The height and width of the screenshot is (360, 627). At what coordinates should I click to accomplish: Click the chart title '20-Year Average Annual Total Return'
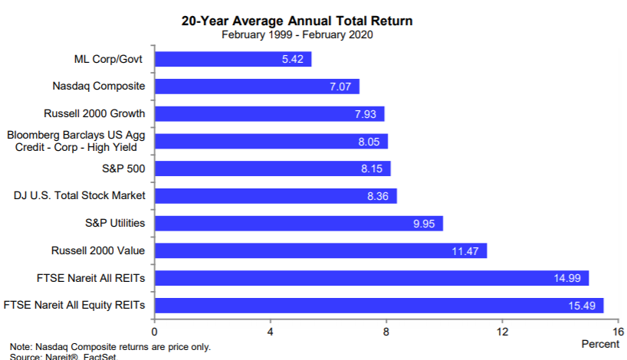click(x=297, y=21)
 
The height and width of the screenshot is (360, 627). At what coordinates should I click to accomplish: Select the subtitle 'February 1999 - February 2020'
click(x=297, y=34)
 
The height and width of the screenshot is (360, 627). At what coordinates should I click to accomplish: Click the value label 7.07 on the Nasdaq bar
click(x=340, y=87)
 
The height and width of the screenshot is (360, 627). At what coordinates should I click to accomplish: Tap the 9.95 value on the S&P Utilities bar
click(x=425, y=224)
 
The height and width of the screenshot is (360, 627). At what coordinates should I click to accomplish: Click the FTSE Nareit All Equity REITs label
click(x=75, y=306)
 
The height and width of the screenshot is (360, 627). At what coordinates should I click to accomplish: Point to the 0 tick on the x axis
click(x=155, y=332)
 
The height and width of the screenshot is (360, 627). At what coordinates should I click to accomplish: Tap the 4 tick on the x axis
click(x=271, y=332)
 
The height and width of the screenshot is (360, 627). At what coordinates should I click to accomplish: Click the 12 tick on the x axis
click(x=502, y=332)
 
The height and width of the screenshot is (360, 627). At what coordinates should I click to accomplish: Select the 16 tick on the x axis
click(x=618, y=332)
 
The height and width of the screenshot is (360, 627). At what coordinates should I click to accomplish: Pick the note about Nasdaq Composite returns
click(x=110, y=347)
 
